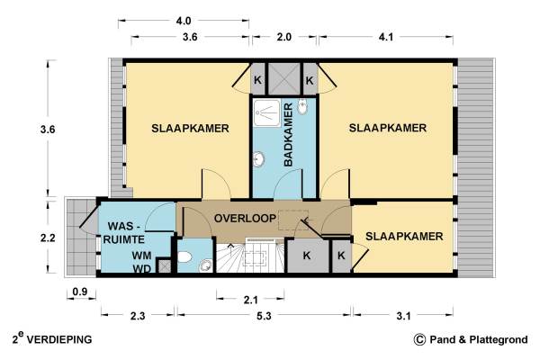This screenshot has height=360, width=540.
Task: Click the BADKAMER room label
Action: [289, 134]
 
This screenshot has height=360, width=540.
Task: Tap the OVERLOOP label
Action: [245, 218]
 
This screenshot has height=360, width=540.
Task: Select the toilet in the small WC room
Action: [184, 257]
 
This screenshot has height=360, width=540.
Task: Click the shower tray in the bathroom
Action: [267, 113]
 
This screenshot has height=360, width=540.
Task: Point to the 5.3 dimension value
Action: [264, 316]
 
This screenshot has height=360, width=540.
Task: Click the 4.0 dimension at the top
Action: [184, 21]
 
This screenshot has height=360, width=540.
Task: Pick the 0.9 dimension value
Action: [80, 292]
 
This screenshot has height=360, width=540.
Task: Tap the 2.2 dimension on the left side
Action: [48, 238]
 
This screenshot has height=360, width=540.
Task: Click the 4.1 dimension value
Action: [386, 37]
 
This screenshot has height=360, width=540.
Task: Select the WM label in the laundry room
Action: [142, 256]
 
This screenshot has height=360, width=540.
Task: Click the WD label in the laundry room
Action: [142, 269]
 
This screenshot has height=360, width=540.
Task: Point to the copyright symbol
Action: [419, 339]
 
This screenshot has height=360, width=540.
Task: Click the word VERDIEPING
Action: [59, 339]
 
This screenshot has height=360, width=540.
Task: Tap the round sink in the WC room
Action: [205, 265]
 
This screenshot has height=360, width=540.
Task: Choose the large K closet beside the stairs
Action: [308, 256]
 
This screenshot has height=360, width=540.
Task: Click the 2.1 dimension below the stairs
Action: [251, 300]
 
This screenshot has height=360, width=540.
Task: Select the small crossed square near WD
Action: [164, 266]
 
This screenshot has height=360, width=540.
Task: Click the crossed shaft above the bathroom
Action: [284, 78]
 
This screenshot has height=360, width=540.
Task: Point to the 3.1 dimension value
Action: [403, 316]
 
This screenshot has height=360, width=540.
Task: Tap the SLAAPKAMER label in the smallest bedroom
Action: [404, 237]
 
